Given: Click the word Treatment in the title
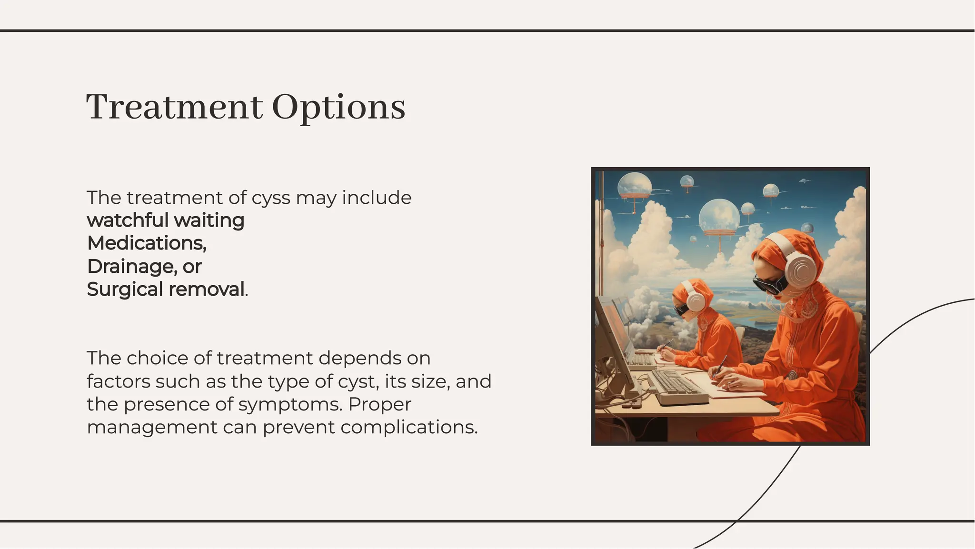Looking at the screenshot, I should click(x=174, y=107).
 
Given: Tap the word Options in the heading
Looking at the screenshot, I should click(x=338, y=108).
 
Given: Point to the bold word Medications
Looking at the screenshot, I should click(x=146, y=243).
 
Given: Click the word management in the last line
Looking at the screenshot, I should click(x=152, y=427).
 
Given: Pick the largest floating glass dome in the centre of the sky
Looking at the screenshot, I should click(x=719, y=217).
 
